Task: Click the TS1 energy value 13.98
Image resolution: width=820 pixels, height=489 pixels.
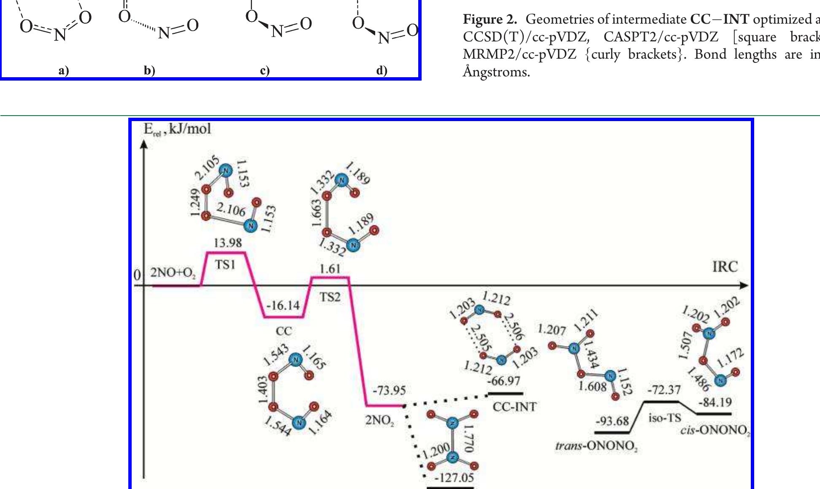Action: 227,243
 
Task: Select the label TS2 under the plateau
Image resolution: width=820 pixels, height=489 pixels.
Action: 330,297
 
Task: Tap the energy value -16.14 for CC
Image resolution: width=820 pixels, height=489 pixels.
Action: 283,305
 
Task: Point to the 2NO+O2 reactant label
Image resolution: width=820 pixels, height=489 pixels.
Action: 173,273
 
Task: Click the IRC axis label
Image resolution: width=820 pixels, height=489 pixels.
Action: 725,267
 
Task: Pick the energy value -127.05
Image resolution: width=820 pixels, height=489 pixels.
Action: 454,478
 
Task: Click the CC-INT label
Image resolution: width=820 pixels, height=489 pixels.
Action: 514,407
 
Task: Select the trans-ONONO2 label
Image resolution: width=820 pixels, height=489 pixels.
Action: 596,446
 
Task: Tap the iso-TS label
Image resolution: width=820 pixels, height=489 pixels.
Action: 665,418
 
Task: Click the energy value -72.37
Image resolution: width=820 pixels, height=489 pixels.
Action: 664,390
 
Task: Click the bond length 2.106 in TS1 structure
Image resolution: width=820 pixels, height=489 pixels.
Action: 231,209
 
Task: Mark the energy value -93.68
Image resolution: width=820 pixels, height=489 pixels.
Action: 612,421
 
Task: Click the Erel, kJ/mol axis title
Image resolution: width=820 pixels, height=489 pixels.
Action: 177,129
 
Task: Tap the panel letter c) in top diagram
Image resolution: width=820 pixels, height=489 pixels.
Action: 265,70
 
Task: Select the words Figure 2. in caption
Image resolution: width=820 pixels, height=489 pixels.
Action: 490,19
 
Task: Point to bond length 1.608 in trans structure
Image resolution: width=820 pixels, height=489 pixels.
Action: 592,386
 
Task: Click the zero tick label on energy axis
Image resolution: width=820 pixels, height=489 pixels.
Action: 137,275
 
